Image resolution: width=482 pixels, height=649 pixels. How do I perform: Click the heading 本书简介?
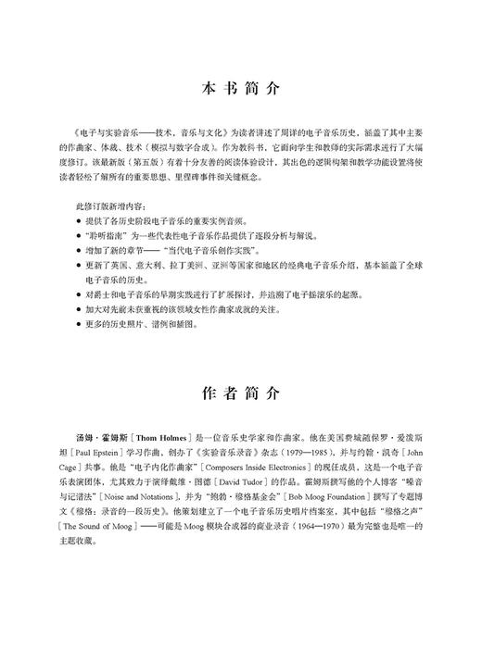(240, 90)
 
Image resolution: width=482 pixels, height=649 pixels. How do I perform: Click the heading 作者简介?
(240, 393)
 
